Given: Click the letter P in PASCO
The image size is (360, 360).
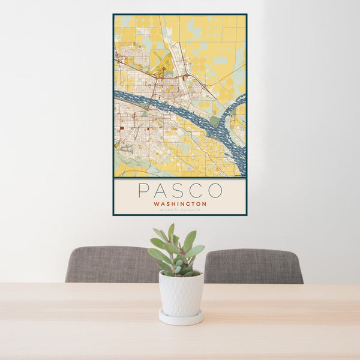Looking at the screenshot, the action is click(x=143, y=191).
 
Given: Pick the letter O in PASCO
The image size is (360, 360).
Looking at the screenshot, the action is click(x=215, y=191).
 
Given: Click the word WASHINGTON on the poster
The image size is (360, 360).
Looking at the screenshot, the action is click(x=180, y=204).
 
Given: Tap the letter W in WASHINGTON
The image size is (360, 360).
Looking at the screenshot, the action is click(x=156, y=204).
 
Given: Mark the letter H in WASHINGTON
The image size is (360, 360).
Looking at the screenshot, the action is click(x=172, y=204).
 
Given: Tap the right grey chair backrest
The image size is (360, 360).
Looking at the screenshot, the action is click(x=254, y=265).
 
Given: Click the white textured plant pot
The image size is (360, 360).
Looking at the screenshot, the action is click(x=181, y=294).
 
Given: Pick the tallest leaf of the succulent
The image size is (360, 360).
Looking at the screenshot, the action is click(x=171, y=231).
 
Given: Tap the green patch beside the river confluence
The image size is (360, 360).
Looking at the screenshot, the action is click(x=214, y=121).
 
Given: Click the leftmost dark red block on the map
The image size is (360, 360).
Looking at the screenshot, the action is click(x=121, y=127).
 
